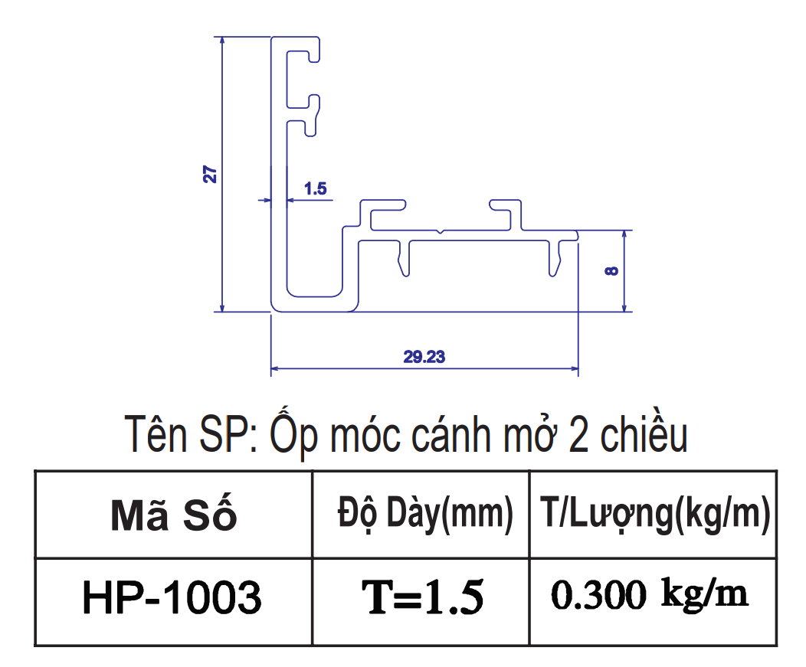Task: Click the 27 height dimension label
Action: tap(210, 174)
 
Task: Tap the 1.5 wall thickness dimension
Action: tap(315, 188)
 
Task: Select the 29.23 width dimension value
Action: tap(424, 357)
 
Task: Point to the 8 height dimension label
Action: tap(611, 271)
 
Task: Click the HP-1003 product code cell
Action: tap(172, 597)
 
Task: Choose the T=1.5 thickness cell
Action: tap(422, 597)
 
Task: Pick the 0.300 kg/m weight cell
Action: tap(649, 594)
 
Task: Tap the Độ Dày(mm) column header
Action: tap(425, 514)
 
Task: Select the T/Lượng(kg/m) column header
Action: tap(655, 514)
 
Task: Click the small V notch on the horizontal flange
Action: tap(440, 232)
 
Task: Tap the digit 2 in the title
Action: tap(578, 436)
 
